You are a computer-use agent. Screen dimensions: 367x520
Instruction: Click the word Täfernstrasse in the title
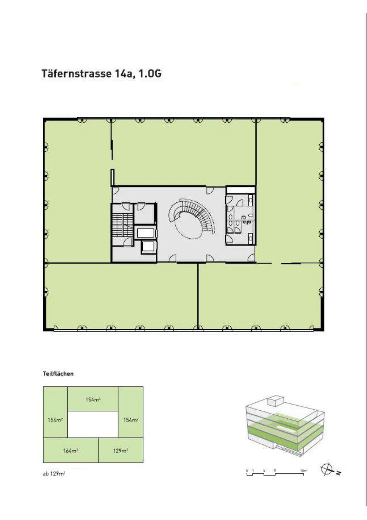76,73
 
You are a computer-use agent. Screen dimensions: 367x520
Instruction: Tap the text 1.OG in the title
150,73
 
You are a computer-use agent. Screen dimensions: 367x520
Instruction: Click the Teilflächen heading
58,374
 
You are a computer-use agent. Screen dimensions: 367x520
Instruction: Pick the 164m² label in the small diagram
70,451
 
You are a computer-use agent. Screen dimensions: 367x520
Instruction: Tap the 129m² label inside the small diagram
120,451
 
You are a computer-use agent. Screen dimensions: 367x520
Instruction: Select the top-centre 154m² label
93,400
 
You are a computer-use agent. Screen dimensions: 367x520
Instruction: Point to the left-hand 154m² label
55,420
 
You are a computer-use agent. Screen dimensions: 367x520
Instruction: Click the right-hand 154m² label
131,420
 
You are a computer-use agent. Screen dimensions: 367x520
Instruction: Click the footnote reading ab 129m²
54,473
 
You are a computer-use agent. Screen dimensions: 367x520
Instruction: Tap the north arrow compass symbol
327,469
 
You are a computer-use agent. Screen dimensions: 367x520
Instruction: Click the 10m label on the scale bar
304,471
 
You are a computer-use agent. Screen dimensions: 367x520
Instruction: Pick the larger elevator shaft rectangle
146,233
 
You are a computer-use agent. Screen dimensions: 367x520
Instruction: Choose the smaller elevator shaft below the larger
148,246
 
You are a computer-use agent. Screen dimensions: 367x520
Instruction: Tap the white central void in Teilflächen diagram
93,424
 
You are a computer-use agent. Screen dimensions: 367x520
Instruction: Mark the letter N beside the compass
338,473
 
